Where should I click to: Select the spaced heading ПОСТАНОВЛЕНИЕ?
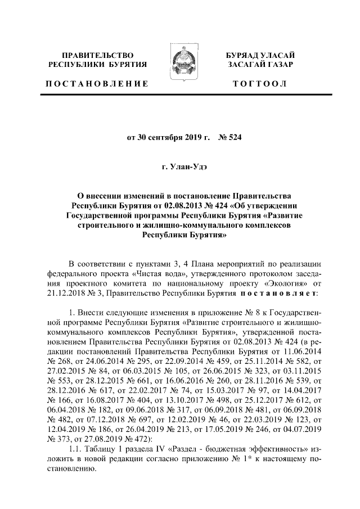97,84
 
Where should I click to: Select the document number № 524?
231,136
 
